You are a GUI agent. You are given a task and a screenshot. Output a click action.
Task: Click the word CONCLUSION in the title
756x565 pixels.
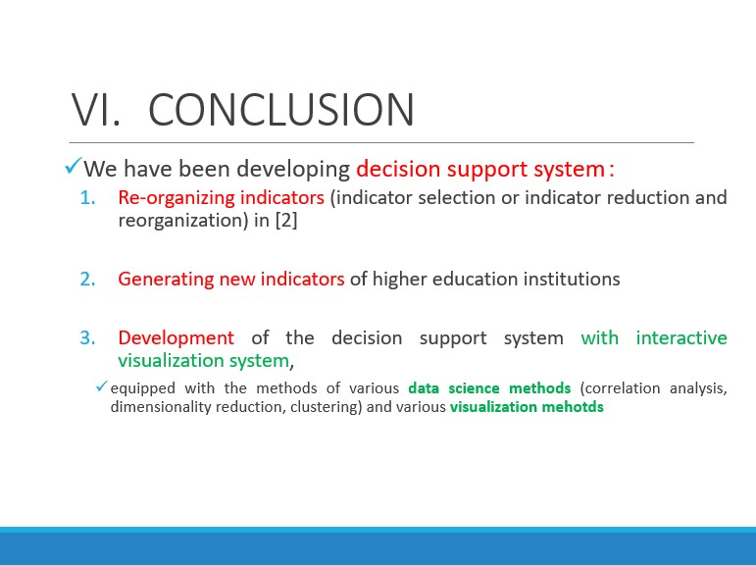click(x=281, y=110)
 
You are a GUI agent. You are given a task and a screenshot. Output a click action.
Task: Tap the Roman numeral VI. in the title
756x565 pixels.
click(x=95, y=110)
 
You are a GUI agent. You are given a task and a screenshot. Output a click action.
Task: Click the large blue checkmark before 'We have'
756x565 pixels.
click(x=73, y=167)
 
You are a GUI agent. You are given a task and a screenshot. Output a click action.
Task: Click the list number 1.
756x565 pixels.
click(x=87, y=198)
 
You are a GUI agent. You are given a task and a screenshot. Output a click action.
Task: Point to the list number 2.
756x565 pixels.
click(x=87, y=280)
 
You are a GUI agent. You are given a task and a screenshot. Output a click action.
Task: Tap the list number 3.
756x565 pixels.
click(x=87, y=337)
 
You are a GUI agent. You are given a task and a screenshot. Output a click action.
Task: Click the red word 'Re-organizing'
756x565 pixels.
click(x=176, y=198)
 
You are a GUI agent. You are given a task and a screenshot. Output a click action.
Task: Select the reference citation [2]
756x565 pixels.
click(x=286, y=221)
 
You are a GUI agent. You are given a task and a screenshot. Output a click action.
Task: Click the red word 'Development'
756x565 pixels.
click(x=176, y=338)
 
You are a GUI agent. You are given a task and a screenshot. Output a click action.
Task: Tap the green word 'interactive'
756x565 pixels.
click(x=681, y=337)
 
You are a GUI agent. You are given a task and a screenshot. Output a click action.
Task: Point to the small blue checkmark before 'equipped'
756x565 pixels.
click(x=101, y=386)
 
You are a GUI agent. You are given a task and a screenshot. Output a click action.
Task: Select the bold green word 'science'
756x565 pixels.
click(x=474, y=388)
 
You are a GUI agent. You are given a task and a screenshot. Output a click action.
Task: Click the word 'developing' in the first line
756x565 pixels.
click(x=293, y=170)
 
